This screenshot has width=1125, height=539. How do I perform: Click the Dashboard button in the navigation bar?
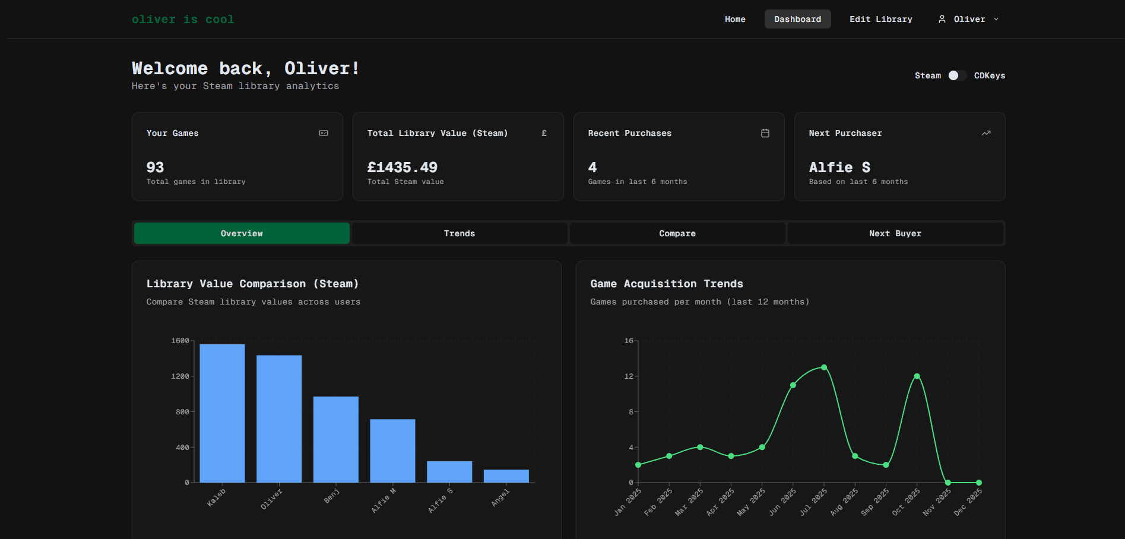click(x=797, y=19)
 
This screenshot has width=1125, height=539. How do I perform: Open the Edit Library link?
click(x=880, y=19)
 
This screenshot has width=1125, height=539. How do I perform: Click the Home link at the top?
click(x=735, y=19)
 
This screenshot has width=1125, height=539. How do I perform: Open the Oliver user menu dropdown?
click(x=968, y=19)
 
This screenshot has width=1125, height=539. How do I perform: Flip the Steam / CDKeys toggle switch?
click(x=957, y=75)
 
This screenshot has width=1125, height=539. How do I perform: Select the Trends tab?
click(x=459, y=233)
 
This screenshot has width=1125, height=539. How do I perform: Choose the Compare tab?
click(x=677, y=233)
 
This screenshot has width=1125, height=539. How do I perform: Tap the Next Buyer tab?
click(x=895, y=233)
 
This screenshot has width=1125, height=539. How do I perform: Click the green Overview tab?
click(x=242, y=233)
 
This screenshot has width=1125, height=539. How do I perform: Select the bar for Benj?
click(x=335, y=439)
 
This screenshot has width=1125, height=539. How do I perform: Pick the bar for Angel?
click(x=506, y=476)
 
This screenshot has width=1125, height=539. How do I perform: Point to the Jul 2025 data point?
click(x=824, y=367)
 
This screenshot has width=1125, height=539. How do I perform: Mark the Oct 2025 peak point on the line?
click(x=917, y=376)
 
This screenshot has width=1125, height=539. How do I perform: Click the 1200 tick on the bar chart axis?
click(x=180, y=376)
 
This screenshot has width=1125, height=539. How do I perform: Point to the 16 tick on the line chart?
click(x=629, y=341)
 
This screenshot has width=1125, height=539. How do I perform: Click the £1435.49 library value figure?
click(x=402, y=167)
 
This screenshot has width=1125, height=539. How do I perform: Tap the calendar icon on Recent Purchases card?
click(x=765, y=133)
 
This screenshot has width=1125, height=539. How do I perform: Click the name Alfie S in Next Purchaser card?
click(x=839, y=167)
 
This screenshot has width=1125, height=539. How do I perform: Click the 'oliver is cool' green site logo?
click(x=183, y=20)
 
